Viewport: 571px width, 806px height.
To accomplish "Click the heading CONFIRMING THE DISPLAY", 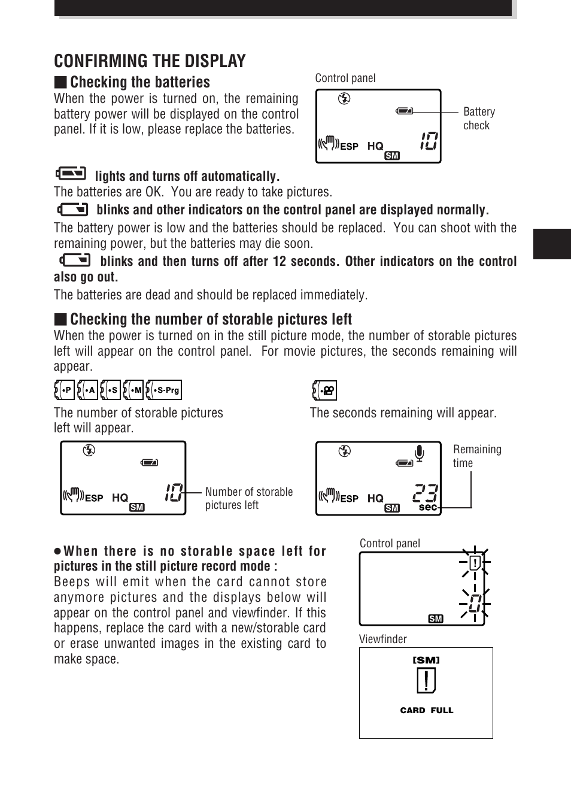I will pyautogui.click(x=150, y=61).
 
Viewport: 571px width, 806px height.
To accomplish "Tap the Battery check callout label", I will pyautogui.click(x=479, y=119).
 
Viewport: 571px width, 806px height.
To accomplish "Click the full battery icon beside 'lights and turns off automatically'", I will pyautogui.click(x=71, y=174).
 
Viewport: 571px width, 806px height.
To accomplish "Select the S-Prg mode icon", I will pyautogui.click(x=164, y=390).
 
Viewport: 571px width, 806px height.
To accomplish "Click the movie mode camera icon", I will pyautogui.click(x=324, y=390).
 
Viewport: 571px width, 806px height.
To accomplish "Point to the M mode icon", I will pyautogui.click(x=133, y=390).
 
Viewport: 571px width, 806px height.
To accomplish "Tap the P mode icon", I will pyautogui.click(x=64, y=390).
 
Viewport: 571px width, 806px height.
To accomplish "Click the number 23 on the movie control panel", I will pyautogui.click(x=426, y=493).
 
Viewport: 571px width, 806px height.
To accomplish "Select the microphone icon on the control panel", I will pyautogui.click(x=420, y=453).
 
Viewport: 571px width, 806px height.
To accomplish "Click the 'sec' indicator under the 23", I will pyautogui.click(x=427, y=507).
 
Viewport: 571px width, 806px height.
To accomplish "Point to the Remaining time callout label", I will pyautogui.click(x=476, y=456).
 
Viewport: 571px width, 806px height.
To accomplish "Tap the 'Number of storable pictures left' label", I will pyautogui.click(x=248, y=498).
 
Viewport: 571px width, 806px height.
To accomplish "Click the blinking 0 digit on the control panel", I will pyautogui.click(x=475, y=603).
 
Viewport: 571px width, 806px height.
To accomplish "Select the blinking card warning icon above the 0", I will pyautogui.click(x=475, y=563).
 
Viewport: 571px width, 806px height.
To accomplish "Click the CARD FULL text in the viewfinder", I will pyautogui.click(x=426, y=710).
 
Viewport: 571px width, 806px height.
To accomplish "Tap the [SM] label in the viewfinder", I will pyautogui.click(x=426, y=660).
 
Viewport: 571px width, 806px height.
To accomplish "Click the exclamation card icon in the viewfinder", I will pyautogui.click(x=426, y=681).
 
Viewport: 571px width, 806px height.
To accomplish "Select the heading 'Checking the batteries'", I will pyautogui.click(x=139, y=82).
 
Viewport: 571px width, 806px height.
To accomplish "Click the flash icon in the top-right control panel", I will pyautogui.click(x=344, y=99).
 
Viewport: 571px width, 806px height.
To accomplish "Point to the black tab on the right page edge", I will pyautogui.click(x=551, y=244).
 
